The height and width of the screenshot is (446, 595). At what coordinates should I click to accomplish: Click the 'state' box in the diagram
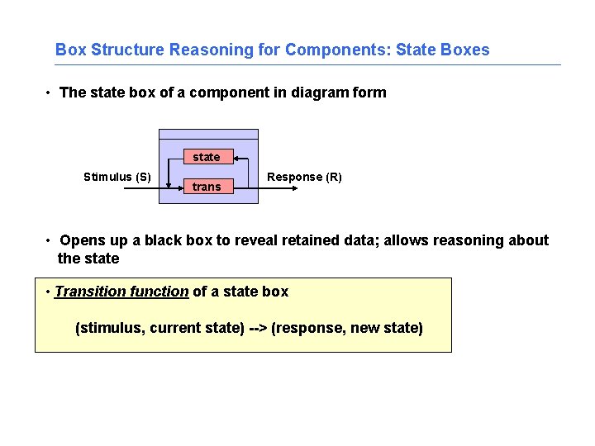point(207,157)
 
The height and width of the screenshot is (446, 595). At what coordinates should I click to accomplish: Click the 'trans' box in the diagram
point(207,187)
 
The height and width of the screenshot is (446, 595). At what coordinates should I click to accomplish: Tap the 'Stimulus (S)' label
point(117,177)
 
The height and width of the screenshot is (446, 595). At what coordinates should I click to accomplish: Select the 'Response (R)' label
point(304,177)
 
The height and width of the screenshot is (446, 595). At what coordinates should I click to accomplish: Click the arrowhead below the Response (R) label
point(293,188)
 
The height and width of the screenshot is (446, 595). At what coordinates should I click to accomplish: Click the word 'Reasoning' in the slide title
point(205,50)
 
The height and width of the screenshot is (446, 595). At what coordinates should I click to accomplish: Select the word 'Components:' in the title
point(338,50)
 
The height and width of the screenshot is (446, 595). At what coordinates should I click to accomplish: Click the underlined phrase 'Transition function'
point(121,291)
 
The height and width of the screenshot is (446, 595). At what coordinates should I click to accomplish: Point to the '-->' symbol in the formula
point(257,329)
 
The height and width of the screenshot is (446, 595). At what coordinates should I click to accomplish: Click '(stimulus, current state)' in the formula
point(159,329)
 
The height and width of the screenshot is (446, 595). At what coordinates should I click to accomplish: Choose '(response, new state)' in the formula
point(346,329)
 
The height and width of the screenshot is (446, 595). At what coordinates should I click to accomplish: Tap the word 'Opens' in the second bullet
point(82,240)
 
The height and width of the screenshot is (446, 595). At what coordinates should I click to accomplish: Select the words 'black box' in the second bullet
point(174,240)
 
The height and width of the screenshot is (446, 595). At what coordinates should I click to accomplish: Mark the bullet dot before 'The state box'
point(50,93)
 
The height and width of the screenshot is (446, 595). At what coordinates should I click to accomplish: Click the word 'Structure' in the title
point(127,50)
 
